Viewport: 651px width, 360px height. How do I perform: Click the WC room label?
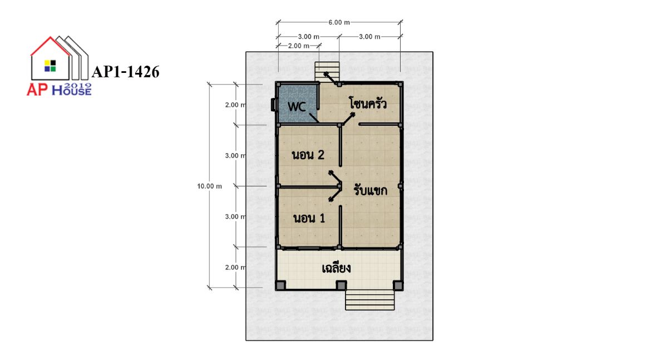pos(297,107)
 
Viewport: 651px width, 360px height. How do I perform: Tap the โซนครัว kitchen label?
pos(368,103)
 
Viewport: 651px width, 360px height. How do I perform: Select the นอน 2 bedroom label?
pos(308,155)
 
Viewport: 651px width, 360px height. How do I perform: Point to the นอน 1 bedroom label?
pos(309,218)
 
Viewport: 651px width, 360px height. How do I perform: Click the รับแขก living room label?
pos(371,190)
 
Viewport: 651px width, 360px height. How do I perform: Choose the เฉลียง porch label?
pos(336,268)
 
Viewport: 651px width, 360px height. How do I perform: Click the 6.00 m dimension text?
pos(339,22)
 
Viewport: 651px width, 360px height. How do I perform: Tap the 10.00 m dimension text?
pos(210,186)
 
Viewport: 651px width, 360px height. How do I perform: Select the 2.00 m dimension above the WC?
pos(298,46)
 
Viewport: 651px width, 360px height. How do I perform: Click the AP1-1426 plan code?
pos(125,72)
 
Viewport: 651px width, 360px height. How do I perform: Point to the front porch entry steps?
pos(369,300)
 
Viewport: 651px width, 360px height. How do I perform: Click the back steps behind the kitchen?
pos(327,72)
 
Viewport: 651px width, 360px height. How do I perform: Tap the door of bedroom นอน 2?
pos(334,178)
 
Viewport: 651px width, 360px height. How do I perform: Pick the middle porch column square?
pos(341,285)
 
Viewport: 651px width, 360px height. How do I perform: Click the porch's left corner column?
pos(281,285)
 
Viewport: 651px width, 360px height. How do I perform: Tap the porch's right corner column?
pos(398,285)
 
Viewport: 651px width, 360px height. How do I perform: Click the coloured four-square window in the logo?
pos(50,66)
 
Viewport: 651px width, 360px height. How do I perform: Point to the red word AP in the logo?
pos(37,89)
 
